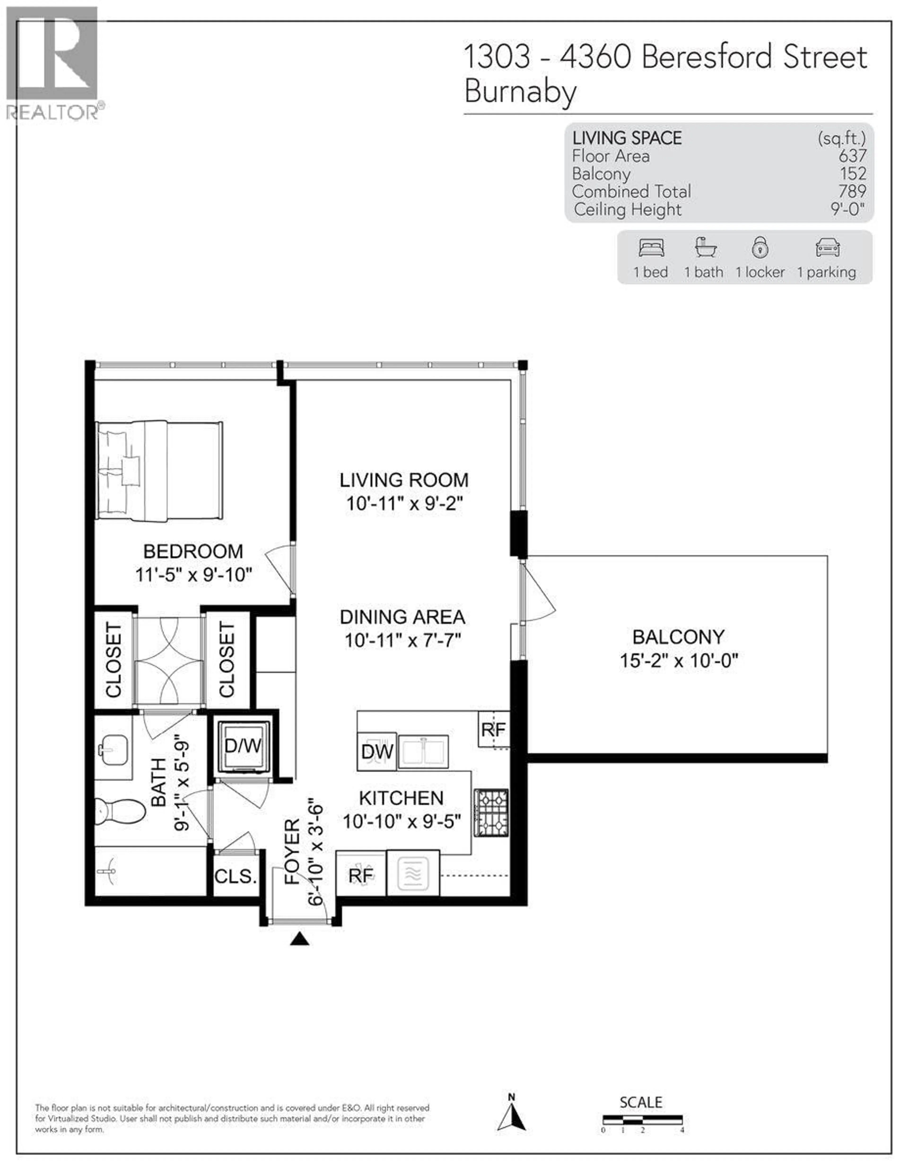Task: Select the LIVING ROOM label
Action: [404, 480]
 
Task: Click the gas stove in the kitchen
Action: [491, 812]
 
